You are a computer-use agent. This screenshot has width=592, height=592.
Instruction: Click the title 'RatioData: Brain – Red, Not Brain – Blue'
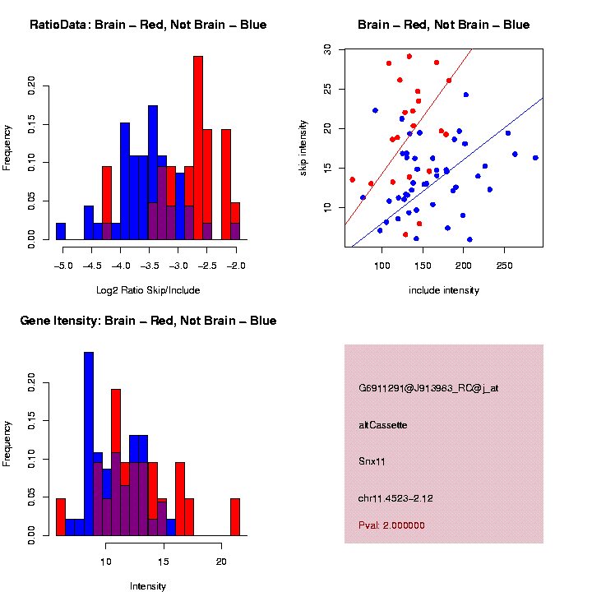point(148,25)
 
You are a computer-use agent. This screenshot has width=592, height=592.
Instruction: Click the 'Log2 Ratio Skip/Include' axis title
point(148,289)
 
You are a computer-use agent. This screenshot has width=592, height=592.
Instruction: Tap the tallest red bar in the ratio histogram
point(197,148)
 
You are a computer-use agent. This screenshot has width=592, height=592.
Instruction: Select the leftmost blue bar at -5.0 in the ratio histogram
point(61,231)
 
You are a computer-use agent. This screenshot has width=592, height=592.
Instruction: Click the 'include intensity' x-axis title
point(444,290)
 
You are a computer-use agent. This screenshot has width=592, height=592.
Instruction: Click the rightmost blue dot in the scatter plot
point(535,158)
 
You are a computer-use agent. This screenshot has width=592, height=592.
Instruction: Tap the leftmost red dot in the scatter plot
point(352,179)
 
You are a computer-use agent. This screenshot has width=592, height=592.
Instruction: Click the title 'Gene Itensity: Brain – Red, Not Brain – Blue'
point(148,321)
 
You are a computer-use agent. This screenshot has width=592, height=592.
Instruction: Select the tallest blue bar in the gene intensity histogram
point(89,444)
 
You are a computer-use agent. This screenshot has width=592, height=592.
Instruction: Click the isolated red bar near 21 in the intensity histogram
point(235,517)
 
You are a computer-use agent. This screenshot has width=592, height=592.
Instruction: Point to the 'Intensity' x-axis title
point(148,586)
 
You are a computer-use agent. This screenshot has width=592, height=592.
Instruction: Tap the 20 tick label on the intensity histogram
point(221,562)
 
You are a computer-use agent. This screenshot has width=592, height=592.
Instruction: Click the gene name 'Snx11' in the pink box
point(372,461)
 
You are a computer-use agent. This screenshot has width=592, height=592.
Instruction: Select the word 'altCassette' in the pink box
point(383,425)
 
